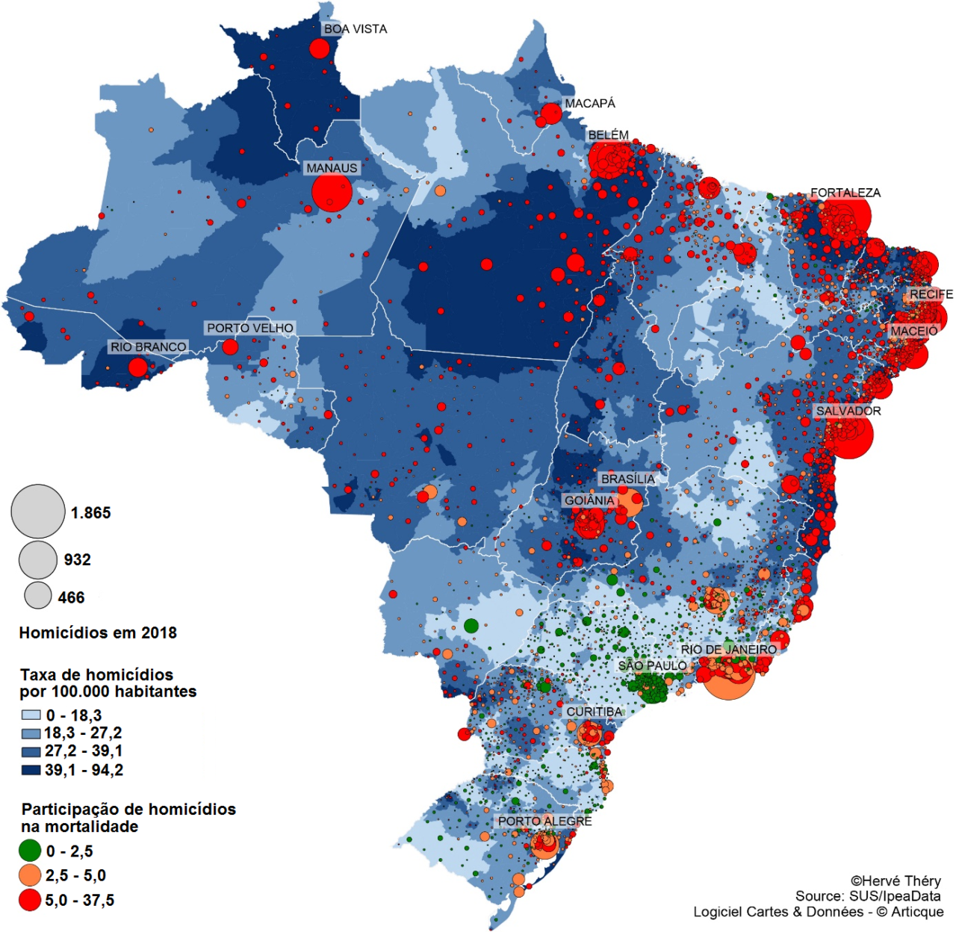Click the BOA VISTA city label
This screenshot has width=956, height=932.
tap(355, 29)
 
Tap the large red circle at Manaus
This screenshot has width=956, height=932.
tap(332, 193)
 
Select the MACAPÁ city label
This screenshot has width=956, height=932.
tap(590, 103)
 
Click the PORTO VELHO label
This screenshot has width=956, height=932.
tap(250, 328)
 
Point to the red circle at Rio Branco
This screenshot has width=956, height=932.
tap(138, 367)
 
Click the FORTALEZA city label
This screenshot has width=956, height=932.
tap(845, 193)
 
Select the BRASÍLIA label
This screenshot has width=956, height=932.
tap(627, 479)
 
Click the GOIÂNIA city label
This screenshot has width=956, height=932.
tap(589, 500)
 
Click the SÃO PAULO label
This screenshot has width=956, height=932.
tap(652, 665)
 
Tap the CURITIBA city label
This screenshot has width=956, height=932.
tap(595, 712)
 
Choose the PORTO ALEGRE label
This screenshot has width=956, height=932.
tap(544, 821)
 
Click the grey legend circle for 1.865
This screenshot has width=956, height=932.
tap(38, 512)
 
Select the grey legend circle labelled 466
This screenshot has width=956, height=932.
tap(38, 595)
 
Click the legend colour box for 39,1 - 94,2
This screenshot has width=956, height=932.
tap(31, 769)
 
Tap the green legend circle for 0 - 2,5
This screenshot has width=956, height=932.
tap(30, 851)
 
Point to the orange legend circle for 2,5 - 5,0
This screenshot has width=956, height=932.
tap(30, 875)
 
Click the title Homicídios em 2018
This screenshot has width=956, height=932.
tap(98, 633)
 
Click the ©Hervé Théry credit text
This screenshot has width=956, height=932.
tap(896, 881)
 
